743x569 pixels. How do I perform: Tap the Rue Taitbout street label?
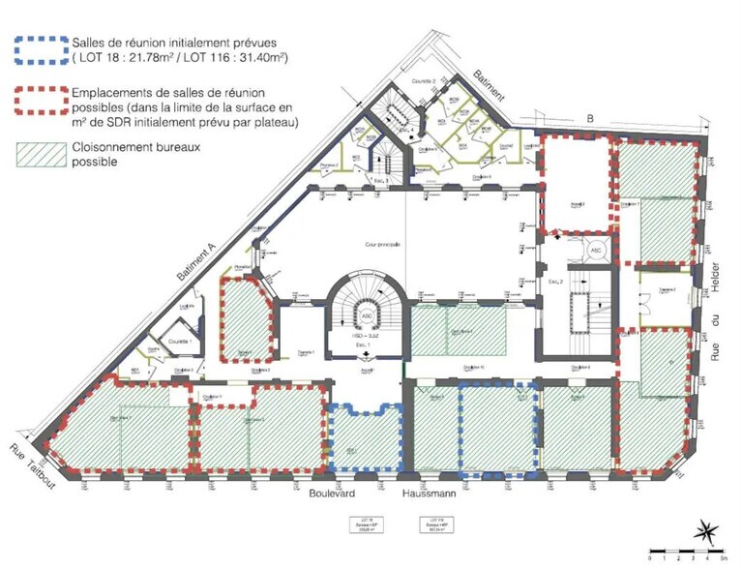coord(33,465)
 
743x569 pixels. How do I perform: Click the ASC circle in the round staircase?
coord(367,315)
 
